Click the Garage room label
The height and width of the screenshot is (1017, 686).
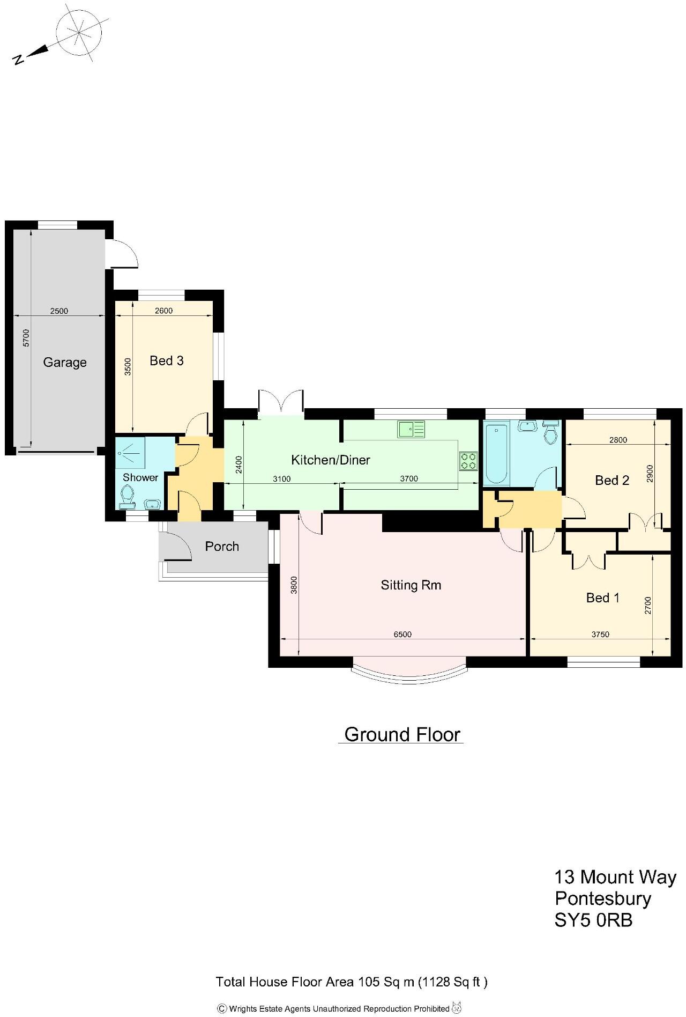(x=65, y=363)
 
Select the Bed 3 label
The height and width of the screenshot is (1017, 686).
(x=166, y=361)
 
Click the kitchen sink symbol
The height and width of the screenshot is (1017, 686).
(x=411, y=429)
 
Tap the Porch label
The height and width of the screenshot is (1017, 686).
(x=222, y=547)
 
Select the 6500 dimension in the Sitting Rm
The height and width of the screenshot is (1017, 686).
(x=402, y=635)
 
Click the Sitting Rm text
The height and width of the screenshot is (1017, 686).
(x=411, y=585)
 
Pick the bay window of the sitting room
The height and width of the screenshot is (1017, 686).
(x=409, y=674)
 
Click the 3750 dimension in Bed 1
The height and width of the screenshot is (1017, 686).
(x=600, y=635)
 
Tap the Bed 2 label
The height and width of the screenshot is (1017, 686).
(x=612, y=481)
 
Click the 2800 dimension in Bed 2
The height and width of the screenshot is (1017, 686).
(x=618, y=440)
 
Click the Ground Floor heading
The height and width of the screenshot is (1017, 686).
(x=402, y=734)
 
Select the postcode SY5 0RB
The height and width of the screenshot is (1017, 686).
(x=593, y=920)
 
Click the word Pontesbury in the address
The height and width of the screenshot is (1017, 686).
(x=603, y=898)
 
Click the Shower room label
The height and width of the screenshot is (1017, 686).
(x=140, y=477)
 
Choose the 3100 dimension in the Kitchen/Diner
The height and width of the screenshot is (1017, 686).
(x=281, y=479)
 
